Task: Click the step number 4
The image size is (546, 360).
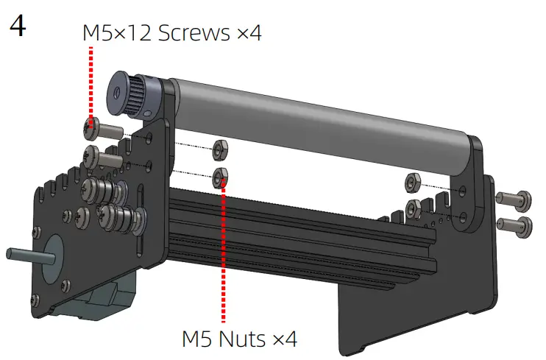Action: [x=17, y=27]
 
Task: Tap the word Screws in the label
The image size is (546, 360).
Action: [x=194, y=32]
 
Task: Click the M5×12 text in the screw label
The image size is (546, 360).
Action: [x=117, y=32]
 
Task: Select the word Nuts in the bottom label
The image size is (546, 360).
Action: [x=241, y=339]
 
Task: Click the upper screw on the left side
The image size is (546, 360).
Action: [x=103, y=129]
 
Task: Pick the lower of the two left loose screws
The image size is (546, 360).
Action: [x=102, y=157]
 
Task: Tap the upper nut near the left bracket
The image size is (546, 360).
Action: [x=220, y=149]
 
